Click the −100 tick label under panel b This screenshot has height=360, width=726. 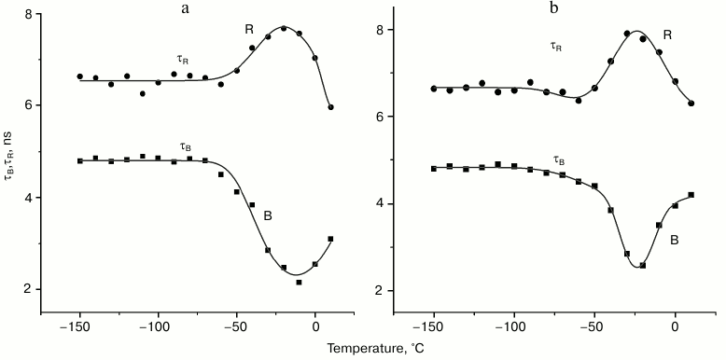click(x=512, y=327)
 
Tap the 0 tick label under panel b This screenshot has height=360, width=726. click(x=675, y=327)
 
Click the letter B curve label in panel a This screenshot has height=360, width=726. click(x=268, y=216)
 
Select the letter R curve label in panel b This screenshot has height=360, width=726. click(x=667, y=35)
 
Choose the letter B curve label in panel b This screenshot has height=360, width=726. click(x=674, y=240)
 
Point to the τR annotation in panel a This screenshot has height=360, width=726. click(x=182, y=60)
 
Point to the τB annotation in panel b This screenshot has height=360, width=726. click(x=559, y=160)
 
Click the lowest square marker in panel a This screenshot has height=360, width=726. click(x=300, y=282)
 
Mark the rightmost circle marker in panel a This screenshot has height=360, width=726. click(x=331, y=107)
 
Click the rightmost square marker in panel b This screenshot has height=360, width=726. click(x=691, y=195)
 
